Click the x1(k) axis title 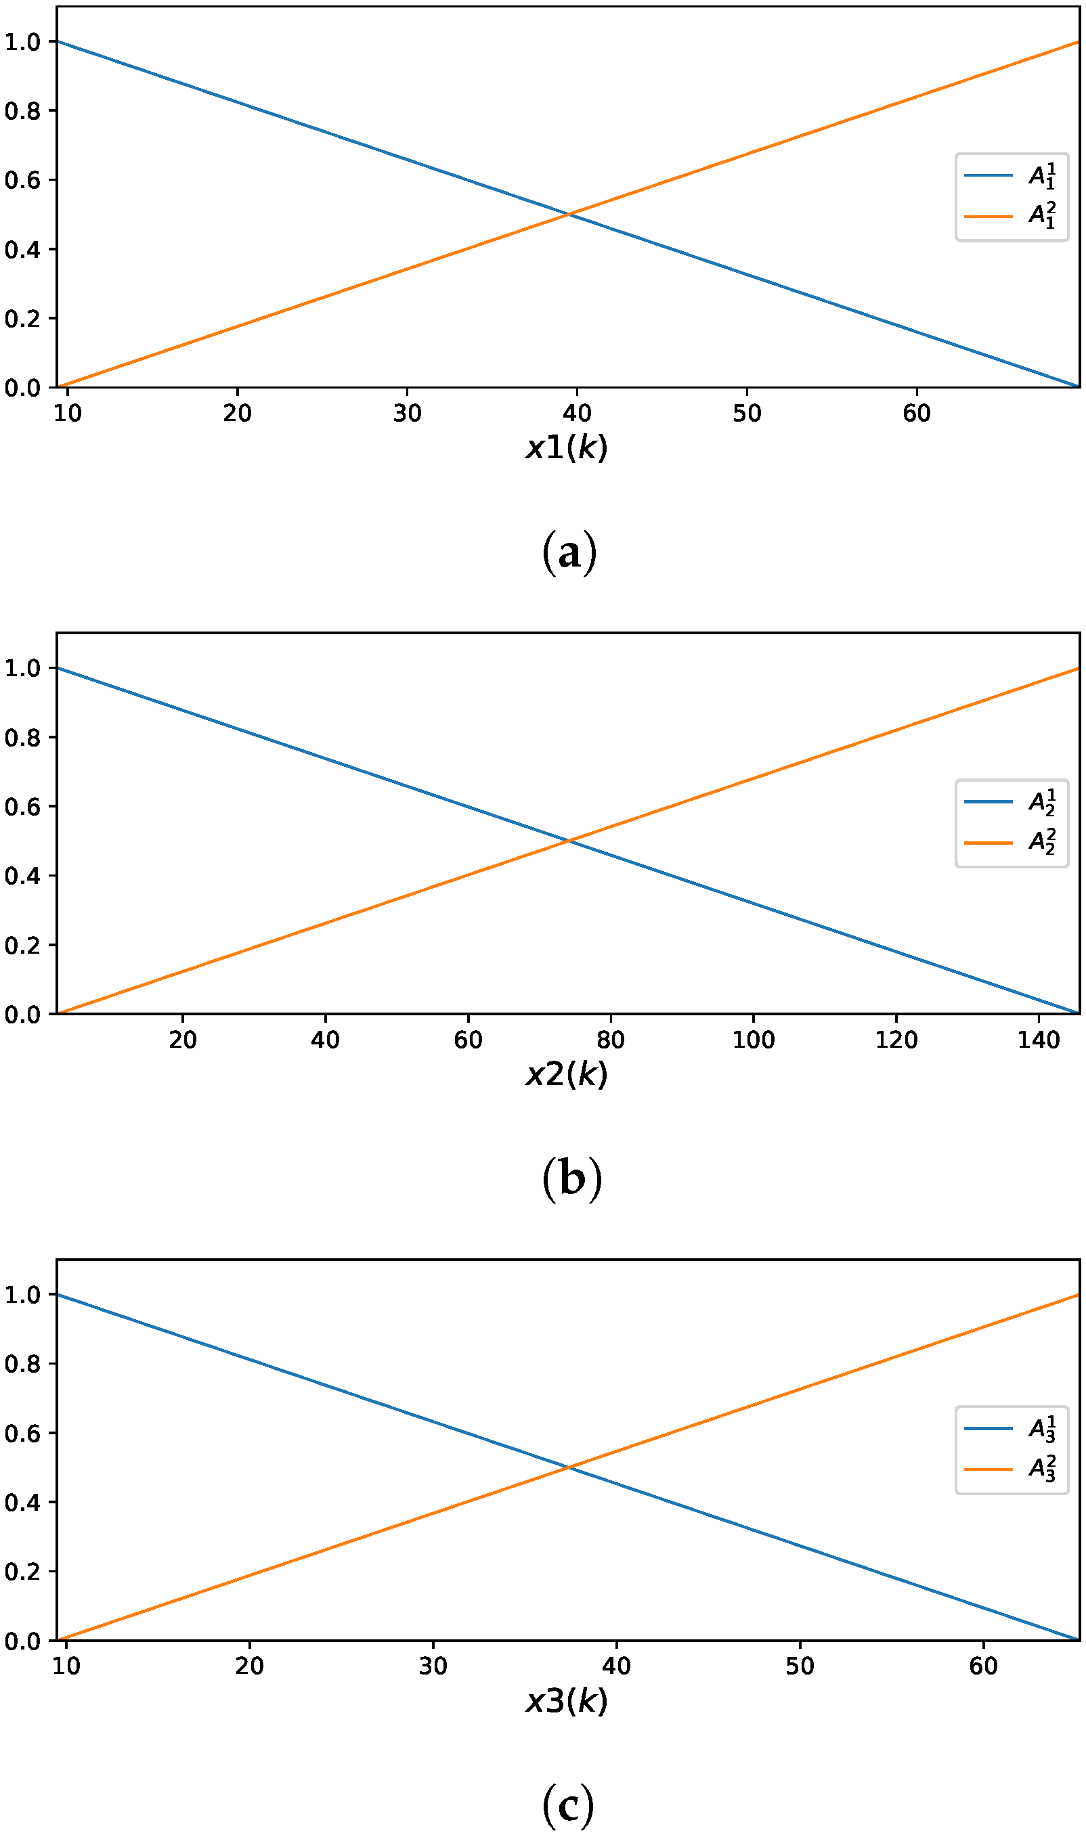coord(567,447)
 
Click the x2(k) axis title coord(567,1074)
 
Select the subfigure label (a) coord(569,552)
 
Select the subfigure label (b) coord(571,1179)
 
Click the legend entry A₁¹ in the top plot coord(1011,176)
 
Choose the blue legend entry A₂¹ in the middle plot coord(1011,803)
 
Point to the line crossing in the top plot coord(569,215)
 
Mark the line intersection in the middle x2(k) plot coord(569,841)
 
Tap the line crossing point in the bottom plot coord(569,1467)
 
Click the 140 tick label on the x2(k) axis coord(1038,1040)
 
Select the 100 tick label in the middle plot coord(753,1040)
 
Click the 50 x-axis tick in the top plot coord(746,414)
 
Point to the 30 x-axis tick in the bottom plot coord(433,1666)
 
